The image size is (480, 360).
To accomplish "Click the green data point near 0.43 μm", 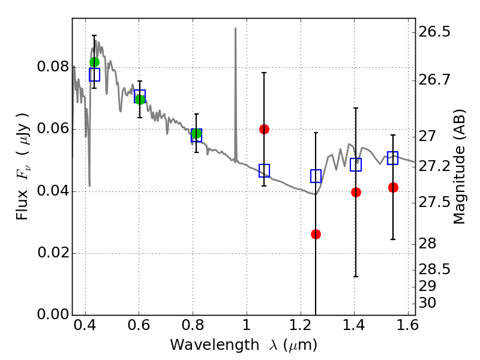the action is (x=94, y=62).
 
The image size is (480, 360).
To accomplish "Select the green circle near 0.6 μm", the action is (x=140, y=100).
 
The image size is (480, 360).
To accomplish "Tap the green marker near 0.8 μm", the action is (x=197, y=133).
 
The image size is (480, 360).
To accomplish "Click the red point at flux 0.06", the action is (x=264, y=129).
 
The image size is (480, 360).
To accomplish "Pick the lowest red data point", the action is (x=316, y=234).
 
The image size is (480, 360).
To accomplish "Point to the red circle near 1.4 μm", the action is (x=356, y=192).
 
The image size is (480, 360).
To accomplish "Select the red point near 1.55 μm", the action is (x=393, y=187).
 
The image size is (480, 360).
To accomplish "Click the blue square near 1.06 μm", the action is (x=264, y=170).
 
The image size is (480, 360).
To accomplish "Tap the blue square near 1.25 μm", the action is (x=316, y=176).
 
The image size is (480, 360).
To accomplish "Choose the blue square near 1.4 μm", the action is (x=356, y=164).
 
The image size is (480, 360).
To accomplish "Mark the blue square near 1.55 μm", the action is (x=392, y=158).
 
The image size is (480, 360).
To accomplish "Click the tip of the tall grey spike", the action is (x=235, y=28).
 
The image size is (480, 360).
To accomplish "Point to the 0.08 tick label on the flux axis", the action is (x=53, y=67).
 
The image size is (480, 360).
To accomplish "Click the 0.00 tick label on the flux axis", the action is (x=53, y=314).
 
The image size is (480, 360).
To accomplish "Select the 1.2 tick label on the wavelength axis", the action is (x=300, y=325).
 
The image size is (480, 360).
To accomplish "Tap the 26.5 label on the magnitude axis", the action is (x=434, y=32).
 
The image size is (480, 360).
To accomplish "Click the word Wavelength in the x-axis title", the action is (x=215, y=345).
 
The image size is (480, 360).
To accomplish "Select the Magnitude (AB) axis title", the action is (x=458, y=166).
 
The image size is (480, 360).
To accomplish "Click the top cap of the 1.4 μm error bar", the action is (x=356, y=108).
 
